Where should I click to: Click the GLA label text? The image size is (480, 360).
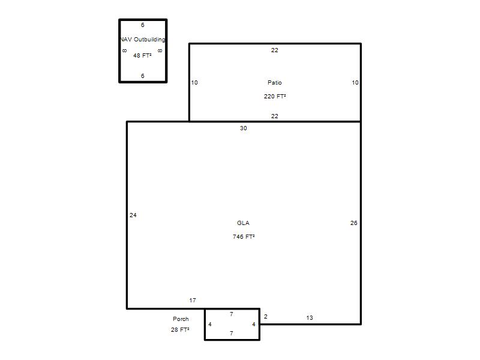coord(243,223)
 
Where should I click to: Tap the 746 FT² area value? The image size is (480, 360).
coord(244,236)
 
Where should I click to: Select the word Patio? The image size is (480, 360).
coord(275,82)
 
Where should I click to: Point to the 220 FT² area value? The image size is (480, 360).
coord(275,96)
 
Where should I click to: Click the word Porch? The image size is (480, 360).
coord(181,319)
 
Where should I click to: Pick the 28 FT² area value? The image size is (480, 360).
coord(180,329)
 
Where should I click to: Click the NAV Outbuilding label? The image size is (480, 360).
coord(143,39)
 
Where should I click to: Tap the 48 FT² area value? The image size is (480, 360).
coord(142,55)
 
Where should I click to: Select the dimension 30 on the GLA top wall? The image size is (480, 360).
coord(244,128)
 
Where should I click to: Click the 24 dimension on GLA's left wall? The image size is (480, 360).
coord(133,215)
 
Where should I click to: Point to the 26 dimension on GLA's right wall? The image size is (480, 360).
coord(353,223)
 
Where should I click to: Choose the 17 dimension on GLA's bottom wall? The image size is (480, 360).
coord(193,301)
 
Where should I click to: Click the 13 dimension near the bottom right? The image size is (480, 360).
coord(310,318)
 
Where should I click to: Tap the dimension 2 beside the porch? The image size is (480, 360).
coord(265,317)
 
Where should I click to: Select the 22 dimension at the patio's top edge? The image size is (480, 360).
coord(275,50)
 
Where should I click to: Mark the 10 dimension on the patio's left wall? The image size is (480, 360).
coord(194,82)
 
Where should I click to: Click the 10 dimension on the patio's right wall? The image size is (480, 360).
coord(355,82)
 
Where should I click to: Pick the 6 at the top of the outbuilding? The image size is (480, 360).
coord(142,25)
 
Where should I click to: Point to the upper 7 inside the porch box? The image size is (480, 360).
coord(232,314)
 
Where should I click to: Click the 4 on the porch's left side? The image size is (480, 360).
coord(209,324)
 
